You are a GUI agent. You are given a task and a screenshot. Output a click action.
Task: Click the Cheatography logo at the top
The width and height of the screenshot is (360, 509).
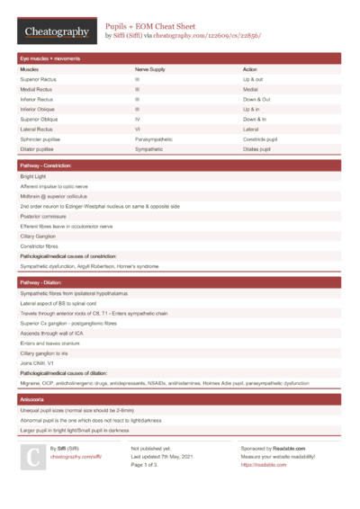[x=57, y=32]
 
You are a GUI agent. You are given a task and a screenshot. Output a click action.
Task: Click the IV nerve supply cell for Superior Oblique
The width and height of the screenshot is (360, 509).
[x=138, y=119]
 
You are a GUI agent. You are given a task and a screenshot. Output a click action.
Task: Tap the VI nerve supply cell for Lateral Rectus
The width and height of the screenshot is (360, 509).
[x=138, y=129]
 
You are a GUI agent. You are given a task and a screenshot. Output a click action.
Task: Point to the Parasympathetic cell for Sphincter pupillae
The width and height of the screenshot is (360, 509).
[x=154, y=139]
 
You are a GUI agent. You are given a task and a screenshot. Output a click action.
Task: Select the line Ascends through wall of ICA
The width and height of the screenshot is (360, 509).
[x=58, y=333]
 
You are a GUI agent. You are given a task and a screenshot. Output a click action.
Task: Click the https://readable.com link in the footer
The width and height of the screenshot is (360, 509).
[x=263, y=465]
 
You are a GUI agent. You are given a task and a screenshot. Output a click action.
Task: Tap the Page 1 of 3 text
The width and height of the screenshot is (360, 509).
[x=149, y=465]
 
